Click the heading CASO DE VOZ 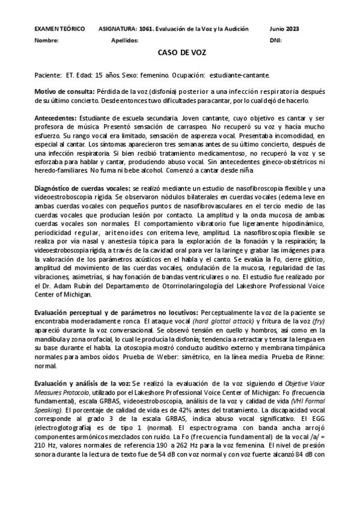point(182,53)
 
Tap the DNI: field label point(276,41)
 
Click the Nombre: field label point(46,41)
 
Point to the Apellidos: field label point(125,41)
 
